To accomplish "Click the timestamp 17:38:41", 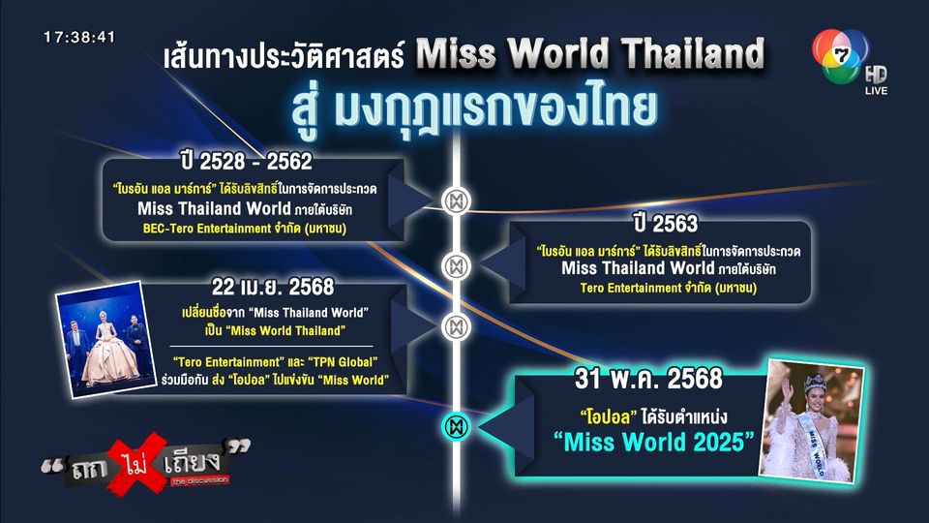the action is coord(79,38).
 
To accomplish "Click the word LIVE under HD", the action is coord(877,91).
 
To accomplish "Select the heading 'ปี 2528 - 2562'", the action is coord(247,162).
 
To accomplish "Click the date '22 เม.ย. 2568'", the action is coord(273,287).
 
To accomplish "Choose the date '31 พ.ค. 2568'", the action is coord(648,379).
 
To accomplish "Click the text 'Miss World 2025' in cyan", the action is coord(653,442).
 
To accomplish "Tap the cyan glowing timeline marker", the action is coord(456,426).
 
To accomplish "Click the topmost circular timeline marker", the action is coord(456,201).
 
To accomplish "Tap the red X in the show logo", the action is coord(136,463).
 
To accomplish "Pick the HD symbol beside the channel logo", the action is coord(876,75).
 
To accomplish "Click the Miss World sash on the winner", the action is coord(812,443).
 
